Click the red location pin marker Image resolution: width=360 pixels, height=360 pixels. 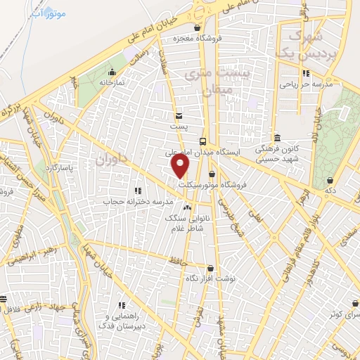point(181,166)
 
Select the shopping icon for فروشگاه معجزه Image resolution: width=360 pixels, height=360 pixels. point(198,28)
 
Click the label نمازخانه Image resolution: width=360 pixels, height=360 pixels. point(110,82)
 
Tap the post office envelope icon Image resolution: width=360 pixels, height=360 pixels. point(179,115)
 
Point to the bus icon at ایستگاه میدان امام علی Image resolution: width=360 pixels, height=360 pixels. point(202,141)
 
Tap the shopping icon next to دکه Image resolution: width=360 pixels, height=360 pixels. point(330,180)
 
